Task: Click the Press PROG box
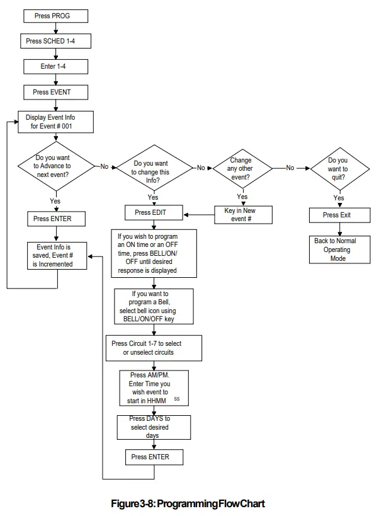[56, 16]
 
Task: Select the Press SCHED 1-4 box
[56, 41]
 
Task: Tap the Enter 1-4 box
[56, 66]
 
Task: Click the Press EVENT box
[56, 92]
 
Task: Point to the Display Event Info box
[56, 122]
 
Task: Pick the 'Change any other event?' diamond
[242, 168]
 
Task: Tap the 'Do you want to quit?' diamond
[337, 168]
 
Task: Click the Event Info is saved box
[56, 256]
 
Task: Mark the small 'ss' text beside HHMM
[177, 399]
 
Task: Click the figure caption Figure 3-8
[188, 503]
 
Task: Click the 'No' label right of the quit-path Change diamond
[290, 168]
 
